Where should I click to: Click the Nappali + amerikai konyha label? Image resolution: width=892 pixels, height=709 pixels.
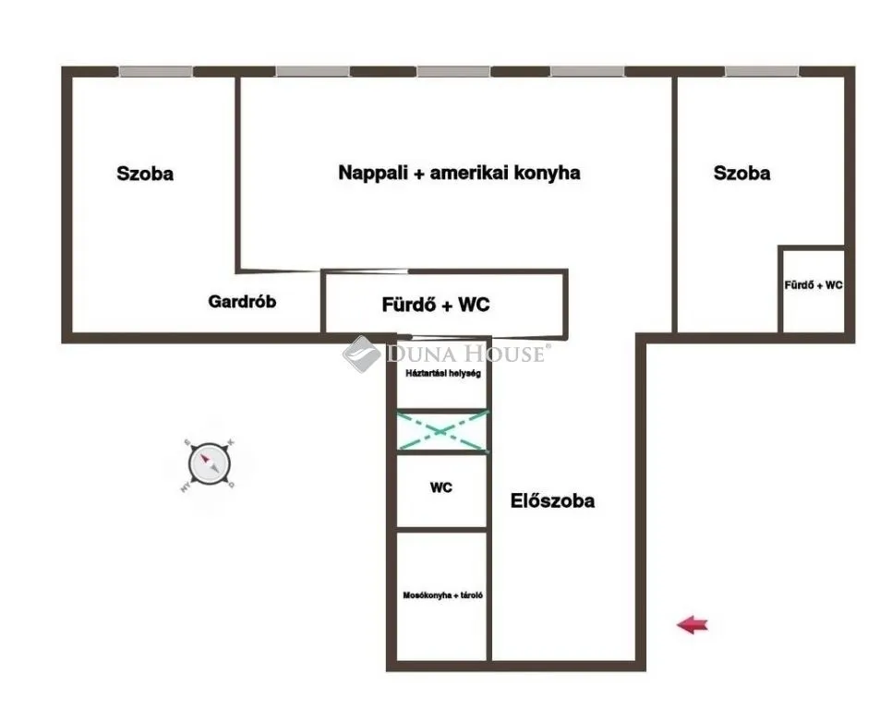[x=459, y=173]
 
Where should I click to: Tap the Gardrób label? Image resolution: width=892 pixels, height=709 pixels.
[x=242, y=301]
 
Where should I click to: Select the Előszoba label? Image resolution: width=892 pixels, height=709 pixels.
[x=552, y=501]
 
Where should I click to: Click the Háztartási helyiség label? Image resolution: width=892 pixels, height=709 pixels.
[x=442, y=374]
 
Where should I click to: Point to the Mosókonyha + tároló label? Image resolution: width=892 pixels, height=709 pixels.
[x=442, y=595]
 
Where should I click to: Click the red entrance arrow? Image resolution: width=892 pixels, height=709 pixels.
[x=693, y=625]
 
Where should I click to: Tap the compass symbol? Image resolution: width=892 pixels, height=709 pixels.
[x=210, y=463]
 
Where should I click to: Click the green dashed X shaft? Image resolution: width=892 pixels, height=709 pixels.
[x=442, y=431]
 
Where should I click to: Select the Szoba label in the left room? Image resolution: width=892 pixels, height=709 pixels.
[x=145, y=173]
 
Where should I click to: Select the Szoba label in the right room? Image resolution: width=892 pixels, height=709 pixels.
[x=742, y=173]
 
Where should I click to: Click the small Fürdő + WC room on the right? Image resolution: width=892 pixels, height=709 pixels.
[x=813, y=291]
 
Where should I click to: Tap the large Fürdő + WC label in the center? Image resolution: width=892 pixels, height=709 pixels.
[x=436, y=305]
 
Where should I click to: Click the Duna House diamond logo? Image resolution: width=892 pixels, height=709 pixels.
[x=361, y=354]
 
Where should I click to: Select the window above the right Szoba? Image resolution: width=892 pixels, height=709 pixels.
[x=761, y=71]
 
